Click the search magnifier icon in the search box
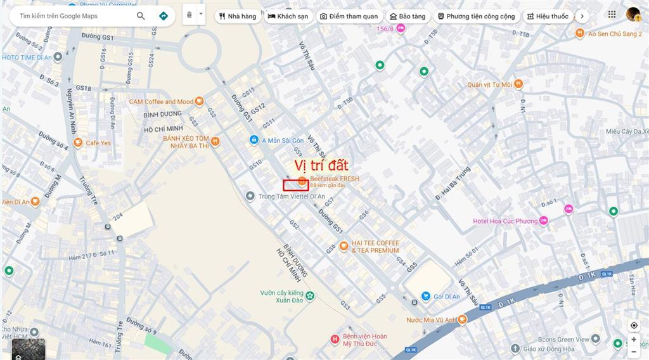[141, 16]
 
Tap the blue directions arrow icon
[164, 16]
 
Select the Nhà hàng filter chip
[238, 16]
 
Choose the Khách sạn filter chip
[289, 16]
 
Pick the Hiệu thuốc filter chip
[547, 16]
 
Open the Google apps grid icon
[612, 14]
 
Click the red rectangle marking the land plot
[295, 185]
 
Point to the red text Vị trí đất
[321, 165]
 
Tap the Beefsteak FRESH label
[334, 179]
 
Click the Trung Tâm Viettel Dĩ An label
[292, 196]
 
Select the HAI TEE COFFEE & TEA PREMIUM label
[375, 247]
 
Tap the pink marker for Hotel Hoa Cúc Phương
[543, 221]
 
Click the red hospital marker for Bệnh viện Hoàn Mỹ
[335, 340]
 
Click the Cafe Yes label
[98, 143]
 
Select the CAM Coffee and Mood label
[161, 101]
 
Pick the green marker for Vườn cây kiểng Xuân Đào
[309, 294]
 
